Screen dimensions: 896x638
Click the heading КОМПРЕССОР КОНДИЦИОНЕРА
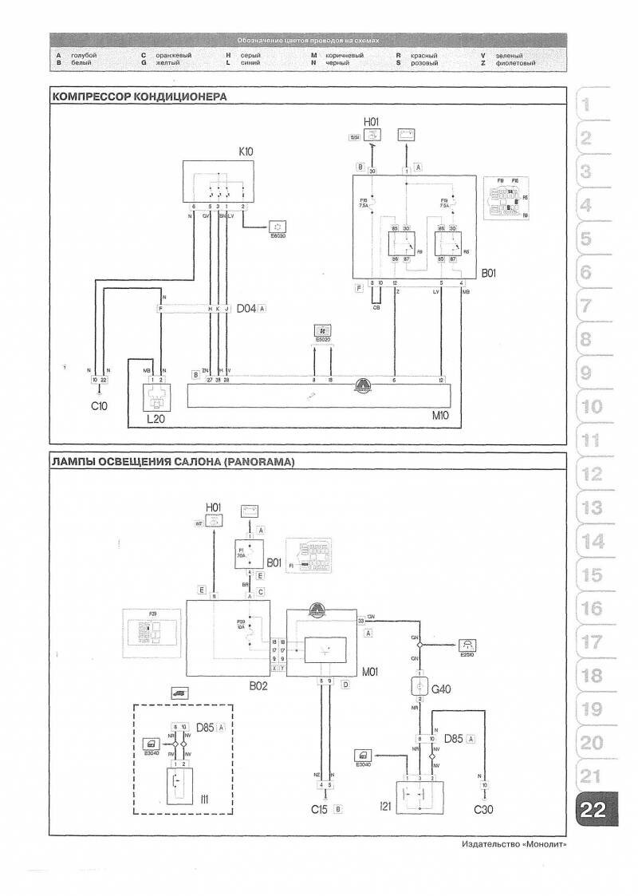click(139, 97)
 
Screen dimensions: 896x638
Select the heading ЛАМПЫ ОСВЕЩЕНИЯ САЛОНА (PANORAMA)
click(172, 462)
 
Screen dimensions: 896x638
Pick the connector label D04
click(245, 308)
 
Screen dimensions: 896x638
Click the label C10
click(98, 405)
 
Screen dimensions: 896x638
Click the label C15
click(321, 810)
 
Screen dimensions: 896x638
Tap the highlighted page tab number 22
click(593, 810)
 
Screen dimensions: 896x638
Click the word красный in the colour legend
click(423, 55)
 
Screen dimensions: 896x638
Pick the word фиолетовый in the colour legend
click(515, 62)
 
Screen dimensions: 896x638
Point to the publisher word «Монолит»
click(542, 845)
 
